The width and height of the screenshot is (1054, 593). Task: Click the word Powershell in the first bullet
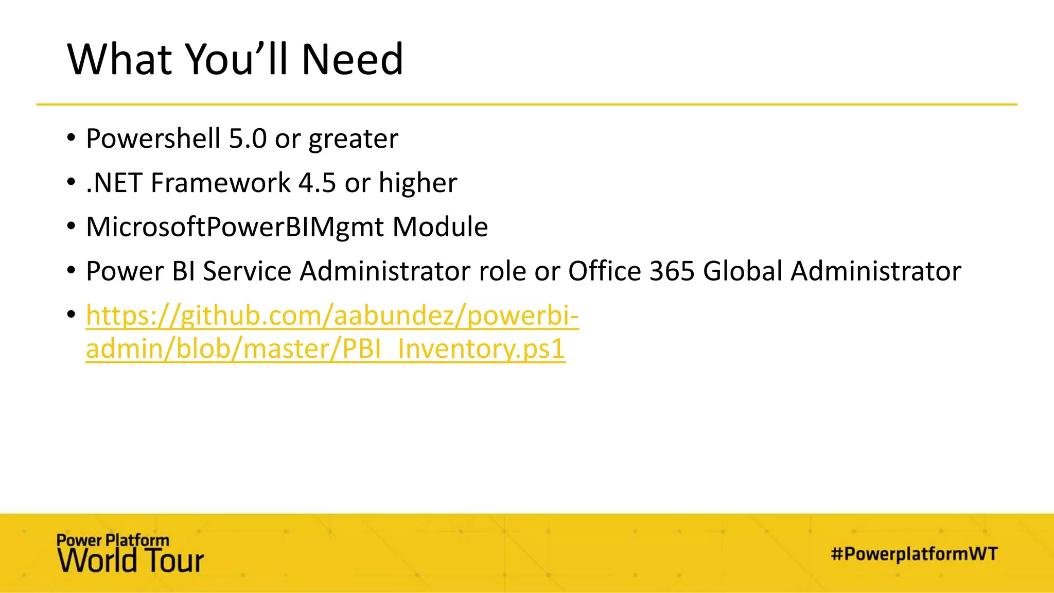pos(153,138)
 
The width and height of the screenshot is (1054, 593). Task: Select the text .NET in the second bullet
pos(114,183)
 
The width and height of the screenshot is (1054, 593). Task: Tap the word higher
pos(417,183)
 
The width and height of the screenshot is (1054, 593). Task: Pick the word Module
pos(440,227)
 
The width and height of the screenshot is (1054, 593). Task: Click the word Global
pos(743,271)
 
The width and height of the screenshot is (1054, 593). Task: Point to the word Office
pos(605,271)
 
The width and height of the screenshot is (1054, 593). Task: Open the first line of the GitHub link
pos(332,316)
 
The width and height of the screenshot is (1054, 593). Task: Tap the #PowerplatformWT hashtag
pos(914,554)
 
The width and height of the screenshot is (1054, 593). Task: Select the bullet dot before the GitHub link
pos(72,315)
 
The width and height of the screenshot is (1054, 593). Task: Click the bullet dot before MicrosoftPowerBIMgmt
pos(72,226)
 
